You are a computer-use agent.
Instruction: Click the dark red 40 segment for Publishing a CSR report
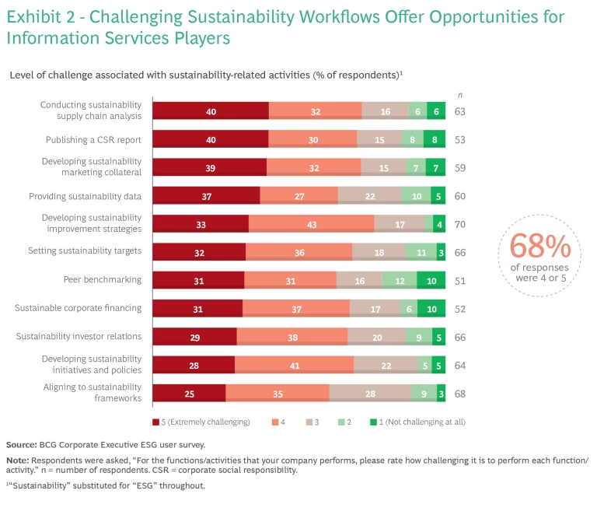[210, 140]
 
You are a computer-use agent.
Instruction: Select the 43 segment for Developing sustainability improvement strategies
[311, 224]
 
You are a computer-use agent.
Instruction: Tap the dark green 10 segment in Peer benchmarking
[431, 280]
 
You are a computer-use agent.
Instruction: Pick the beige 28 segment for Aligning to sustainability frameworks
[369, 394]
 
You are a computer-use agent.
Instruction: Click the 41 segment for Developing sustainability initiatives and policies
[294, 365]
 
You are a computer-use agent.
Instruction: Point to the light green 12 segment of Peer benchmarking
[400, 280]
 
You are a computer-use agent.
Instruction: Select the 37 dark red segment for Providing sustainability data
[206, 196]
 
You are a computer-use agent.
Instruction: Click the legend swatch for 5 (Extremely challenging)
[156, 422]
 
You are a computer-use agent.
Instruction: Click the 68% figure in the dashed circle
[539, 247]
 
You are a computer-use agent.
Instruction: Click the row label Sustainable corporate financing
[78, 308]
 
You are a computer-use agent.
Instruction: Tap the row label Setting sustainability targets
[85, 251]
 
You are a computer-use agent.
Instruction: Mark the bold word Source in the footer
[21, 445]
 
